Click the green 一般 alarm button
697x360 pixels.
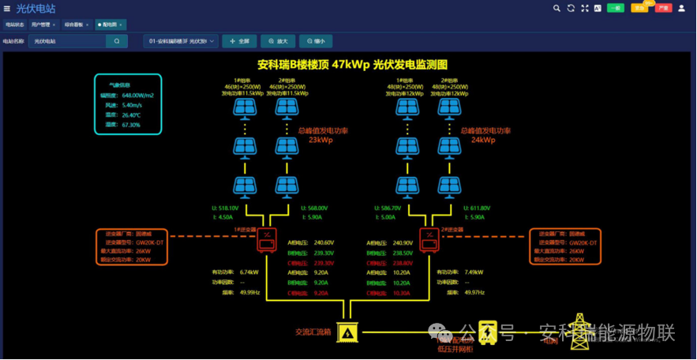(x=615, y=8)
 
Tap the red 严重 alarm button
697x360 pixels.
(x=663, y=8)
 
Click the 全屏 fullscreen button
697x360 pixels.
(x=239, y=41)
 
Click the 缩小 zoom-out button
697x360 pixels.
(x=316, y=41)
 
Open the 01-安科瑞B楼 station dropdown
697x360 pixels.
(x=181, y=41)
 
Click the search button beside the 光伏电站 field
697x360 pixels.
(x=117, y=41)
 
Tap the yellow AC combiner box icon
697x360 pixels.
(x=346, y=332)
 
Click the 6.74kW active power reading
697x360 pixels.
(x=249, y=272)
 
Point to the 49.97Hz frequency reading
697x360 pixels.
(x=474, y=291)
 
